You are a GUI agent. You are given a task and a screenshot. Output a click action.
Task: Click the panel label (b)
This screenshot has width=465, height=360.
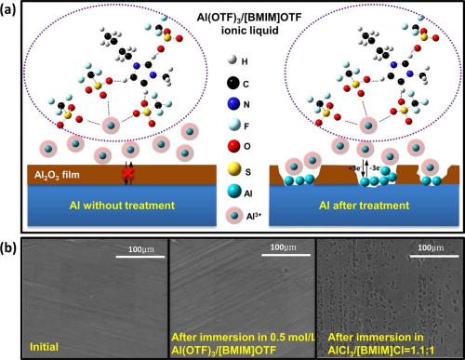click(x=13, y=221)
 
